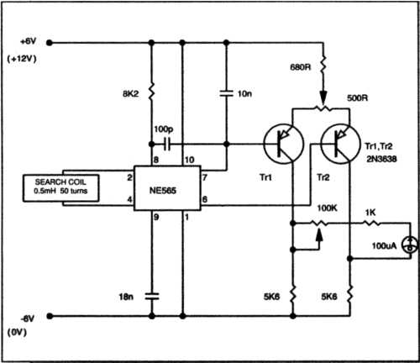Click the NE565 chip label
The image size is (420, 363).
[x=163, y=191]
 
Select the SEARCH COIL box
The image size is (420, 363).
[x=60, y=188]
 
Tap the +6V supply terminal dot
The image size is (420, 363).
[x=50, y=43]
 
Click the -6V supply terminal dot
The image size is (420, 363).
[x=50, y=316]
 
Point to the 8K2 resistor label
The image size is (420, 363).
[x=130, y=94]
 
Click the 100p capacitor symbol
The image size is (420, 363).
[x=167, y=145]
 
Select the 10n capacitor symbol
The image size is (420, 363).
[x=227, y=93]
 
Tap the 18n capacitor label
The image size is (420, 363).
[x=126, y=297]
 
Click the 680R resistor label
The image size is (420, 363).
[x=301, y=67]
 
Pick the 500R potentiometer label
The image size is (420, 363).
[x=358, y=98]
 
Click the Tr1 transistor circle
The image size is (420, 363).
[x=284, y=144]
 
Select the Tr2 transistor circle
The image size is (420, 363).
[x=340, y=144]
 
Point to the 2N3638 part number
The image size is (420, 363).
[x=381, y=159]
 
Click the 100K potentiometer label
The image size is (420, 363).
[x=327, y=208]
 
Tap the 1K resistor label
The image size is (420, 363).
[x=370, y=213]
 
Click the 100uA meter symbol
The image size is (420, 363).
[x=410, y=245]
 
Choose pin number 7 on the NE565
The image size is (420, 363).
[x=205, y=177]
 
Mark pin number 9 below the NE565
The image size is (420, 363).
[x=156, y=217]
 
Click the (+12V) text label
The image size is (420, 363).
[x=22, y=59]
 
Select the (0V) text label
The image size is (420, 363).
[x=17, y=333]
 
